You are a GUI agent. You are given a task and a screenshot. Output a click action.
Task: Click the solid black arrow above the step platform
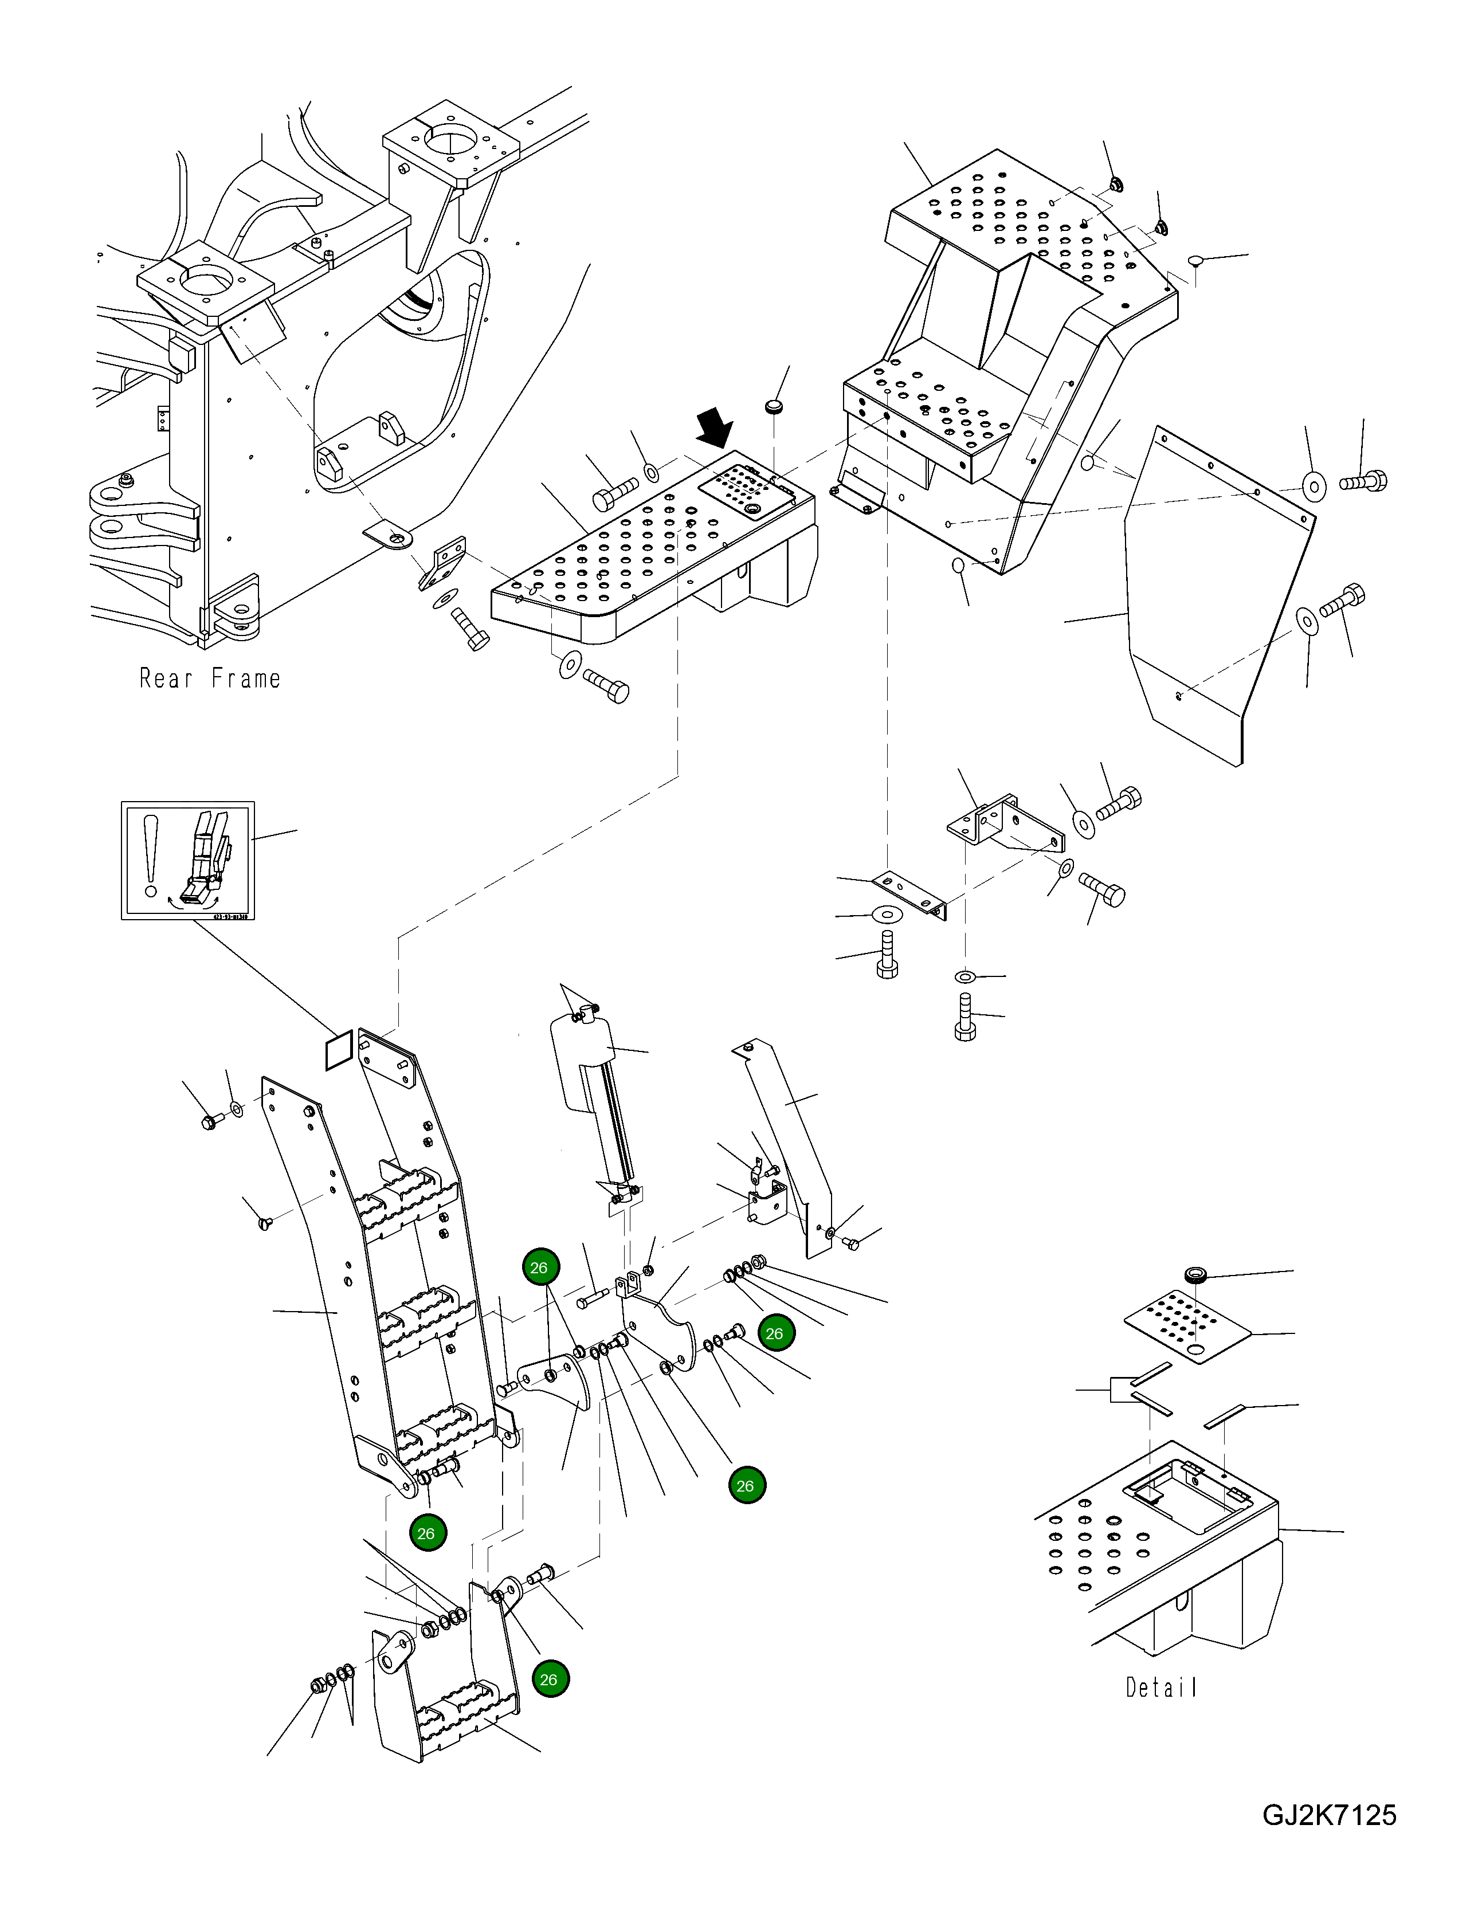tap(715, 429)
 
